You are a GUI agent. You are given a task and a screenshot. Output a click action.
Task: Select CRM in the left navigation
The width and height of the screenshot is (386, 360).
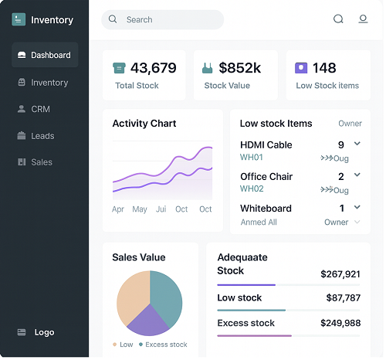click(x=40, y=109)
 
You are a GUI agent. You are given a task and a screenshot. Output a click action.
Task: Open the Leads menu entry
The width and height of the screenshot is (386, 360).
click(x=42, y=136)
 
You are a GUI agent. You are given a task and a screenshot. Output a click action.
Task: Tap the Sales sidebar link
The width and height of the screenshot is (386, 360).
click(x=42, y=162)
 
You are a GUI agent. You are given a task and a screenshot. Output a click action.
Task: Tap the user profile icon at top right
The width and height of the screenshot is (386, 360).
click(x=363, y=19)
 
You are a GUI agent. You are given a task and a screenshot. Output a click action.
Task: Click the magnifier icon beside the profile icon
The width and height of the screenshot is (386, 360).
click(x=338, y=19)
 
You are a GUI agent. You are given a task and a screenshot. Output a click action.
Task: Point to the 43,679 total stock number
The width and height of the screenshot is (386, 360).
click(x=153, y=68)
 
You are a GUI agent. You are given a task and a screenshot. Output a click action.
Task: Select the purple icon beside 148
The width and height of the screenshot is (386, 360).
click(x=301, y=68)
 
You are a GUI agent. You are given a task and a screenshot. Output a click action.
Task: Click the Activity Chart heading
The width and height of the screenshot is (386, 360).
click(x=144, y=124)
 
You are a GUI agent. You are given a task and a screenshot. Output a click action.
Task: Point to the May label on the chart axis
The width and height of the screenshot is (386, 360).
click(x=140, y=209)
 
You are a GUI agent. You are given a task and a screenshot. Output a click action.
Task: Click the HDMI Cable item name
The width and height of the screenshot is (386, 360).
click(x=266, y=144)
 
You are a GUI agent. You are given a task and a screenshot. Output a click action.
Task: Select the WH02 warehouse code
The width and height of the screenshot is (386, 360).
click(x=252, y=188)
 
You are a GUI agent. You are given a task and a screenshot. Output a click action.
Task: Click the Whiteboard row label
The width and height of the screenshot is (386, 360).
click(x=266, y=209)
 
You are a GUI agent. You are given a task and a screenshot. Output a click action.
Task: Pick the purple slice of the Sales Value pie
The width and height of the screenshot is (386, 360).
click(x=147, y=319)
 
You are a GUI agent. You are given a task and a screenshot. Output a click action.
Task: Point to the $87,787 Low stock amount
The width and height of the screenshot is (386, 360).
click(x=343, y=297)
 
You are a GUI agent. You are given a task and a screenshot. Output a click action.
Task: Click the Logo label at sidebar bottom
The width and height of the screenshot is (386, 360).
click(x=44, y=332)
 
